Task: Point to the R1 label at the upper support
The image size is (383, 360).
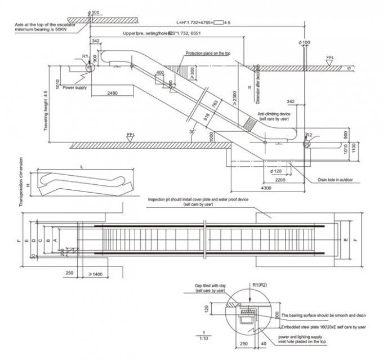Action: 84,57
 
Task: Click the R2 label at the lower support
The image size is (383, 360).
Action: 309,135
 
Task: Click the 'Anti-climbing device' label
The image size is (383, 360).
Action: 274,114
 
